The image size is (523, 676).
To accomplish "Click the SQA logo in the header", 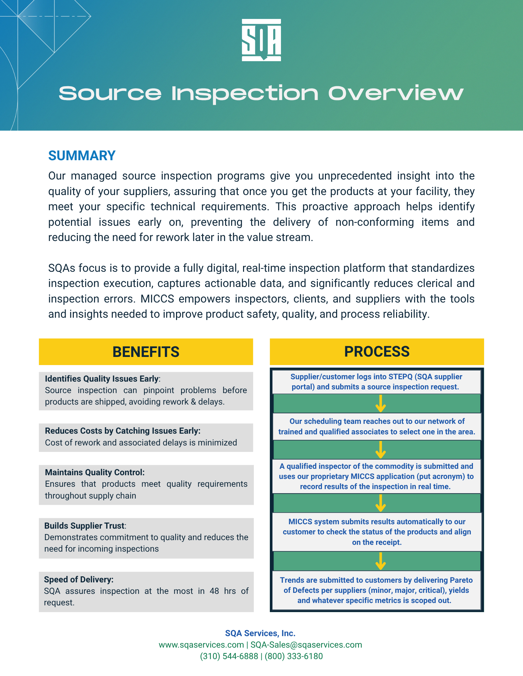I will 261,40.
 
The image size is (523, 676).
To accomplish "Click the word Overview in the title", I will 395,93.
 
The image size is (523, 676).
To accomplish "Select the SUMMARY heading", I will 82,155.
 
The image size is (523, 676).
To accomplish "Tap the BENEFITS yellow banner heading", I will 146,352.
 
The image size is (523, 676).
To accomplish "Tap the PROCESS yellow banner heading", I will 377,352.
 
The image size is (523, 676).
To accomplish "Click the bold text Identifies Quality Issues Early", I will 102,379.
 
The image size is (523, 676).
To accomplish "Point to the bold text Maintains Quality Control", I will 94,472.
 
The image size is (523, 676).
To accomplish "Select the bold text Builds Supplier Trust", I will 85,526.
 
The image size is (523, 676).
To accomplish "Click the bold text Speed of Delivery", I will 79,579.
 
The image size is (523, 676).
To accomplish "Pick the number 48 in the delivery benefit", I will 214,591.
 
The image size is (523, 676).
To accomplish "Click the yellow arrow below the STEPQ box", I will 381,404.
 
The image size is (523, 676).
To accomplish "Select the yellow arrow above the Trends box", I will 381,561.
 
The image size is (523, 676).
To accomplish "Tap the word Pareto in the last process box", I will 461,580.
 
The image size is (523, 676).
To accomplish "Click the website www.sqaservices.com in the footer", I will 201,645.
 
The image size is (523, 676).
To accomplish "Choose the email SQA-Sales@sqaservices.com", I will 306,645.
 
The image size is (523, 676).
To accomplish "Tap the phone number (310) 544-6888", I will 229,656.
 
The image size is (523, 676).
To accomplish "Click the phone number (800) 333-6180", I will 293,656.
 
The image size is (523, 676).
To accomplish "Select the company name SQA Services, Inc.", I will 260,633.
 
